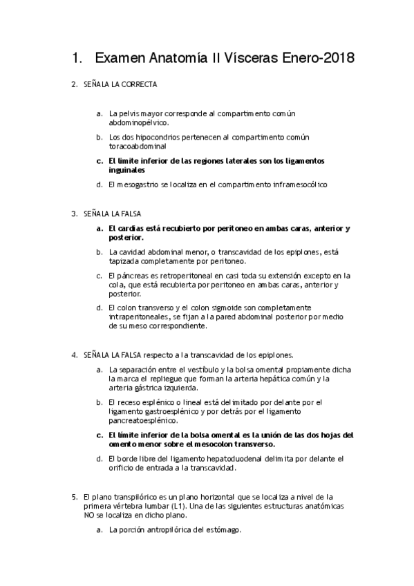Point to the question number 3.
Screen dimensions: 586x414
click(x=74, y=214)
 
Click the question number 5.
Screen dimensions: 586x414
click(x=74, y=496)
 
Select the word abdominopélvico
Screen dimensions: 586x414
click(x=138, y=122)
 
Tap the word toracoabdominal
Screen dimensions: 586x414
click(x=137, y=146)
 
